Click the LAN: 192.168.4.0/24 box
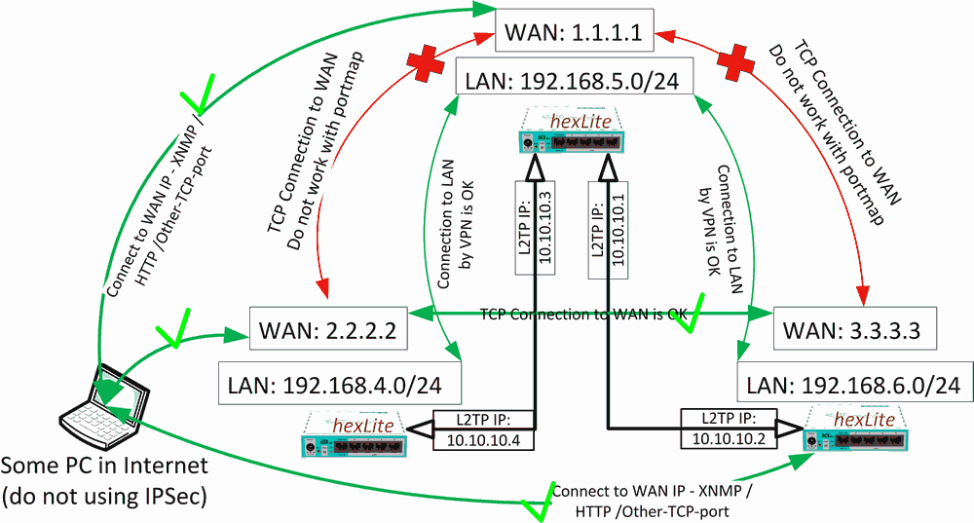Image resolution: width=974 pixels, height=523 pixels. click(340, 384)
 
